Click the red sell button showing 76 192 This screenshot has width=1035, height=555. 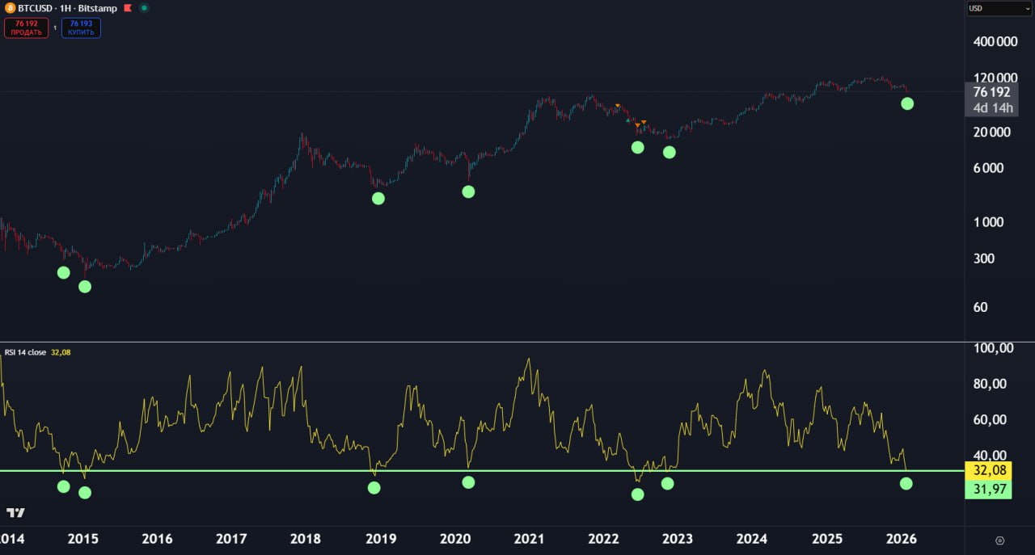[26, 28]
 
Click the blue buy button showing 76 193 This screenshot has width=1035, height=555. [81, 28]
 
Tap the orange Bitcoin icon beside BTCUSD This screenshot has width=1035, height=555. [11, 8]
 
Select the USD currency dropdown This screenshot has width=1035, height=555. [999, 9]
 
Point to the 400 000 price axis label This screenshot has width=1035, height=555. [995, 42]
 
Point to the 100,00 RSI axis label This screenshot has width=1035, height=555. [994, 348]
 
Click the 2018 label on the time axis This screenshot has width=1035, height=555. [306, 539]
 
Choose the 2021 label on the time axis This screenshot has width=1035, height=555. [529, 539]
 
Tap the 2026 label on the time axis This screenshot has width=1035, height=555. [901, 539]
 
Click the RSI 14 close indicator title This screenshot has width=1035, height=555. [25, 352]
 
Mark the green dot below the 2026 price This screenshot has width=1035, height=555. [907, 103]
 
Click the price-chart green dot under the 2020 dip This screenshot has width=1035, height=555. [468, 191]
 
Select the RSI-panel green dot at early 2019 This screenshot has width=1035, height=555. [374, 488]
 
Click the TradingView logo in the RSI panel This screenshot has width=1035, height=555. [15, 513]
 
